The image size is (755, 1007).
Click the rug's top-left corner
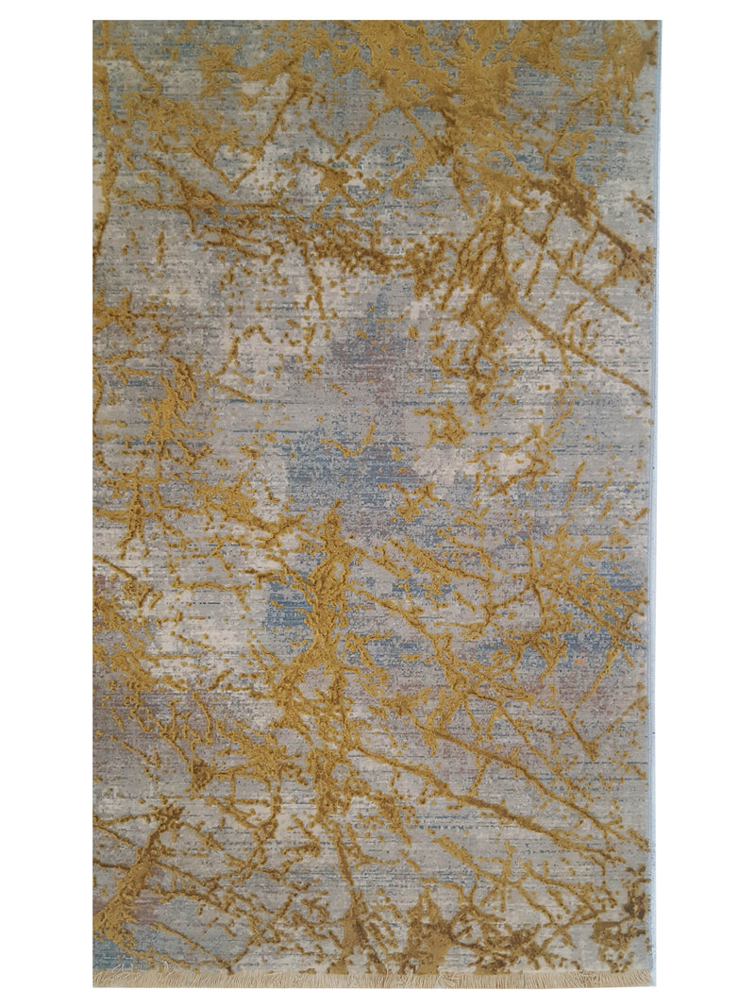(94, 22)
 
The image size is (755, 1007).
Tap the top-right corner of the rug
(659, 22)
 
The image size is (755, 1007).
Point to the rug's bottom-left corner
(94, 985)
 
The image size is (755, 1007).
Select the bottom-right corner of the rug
(655, 985)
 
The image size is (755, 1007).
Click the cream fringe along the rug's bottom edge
(377, 980)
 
